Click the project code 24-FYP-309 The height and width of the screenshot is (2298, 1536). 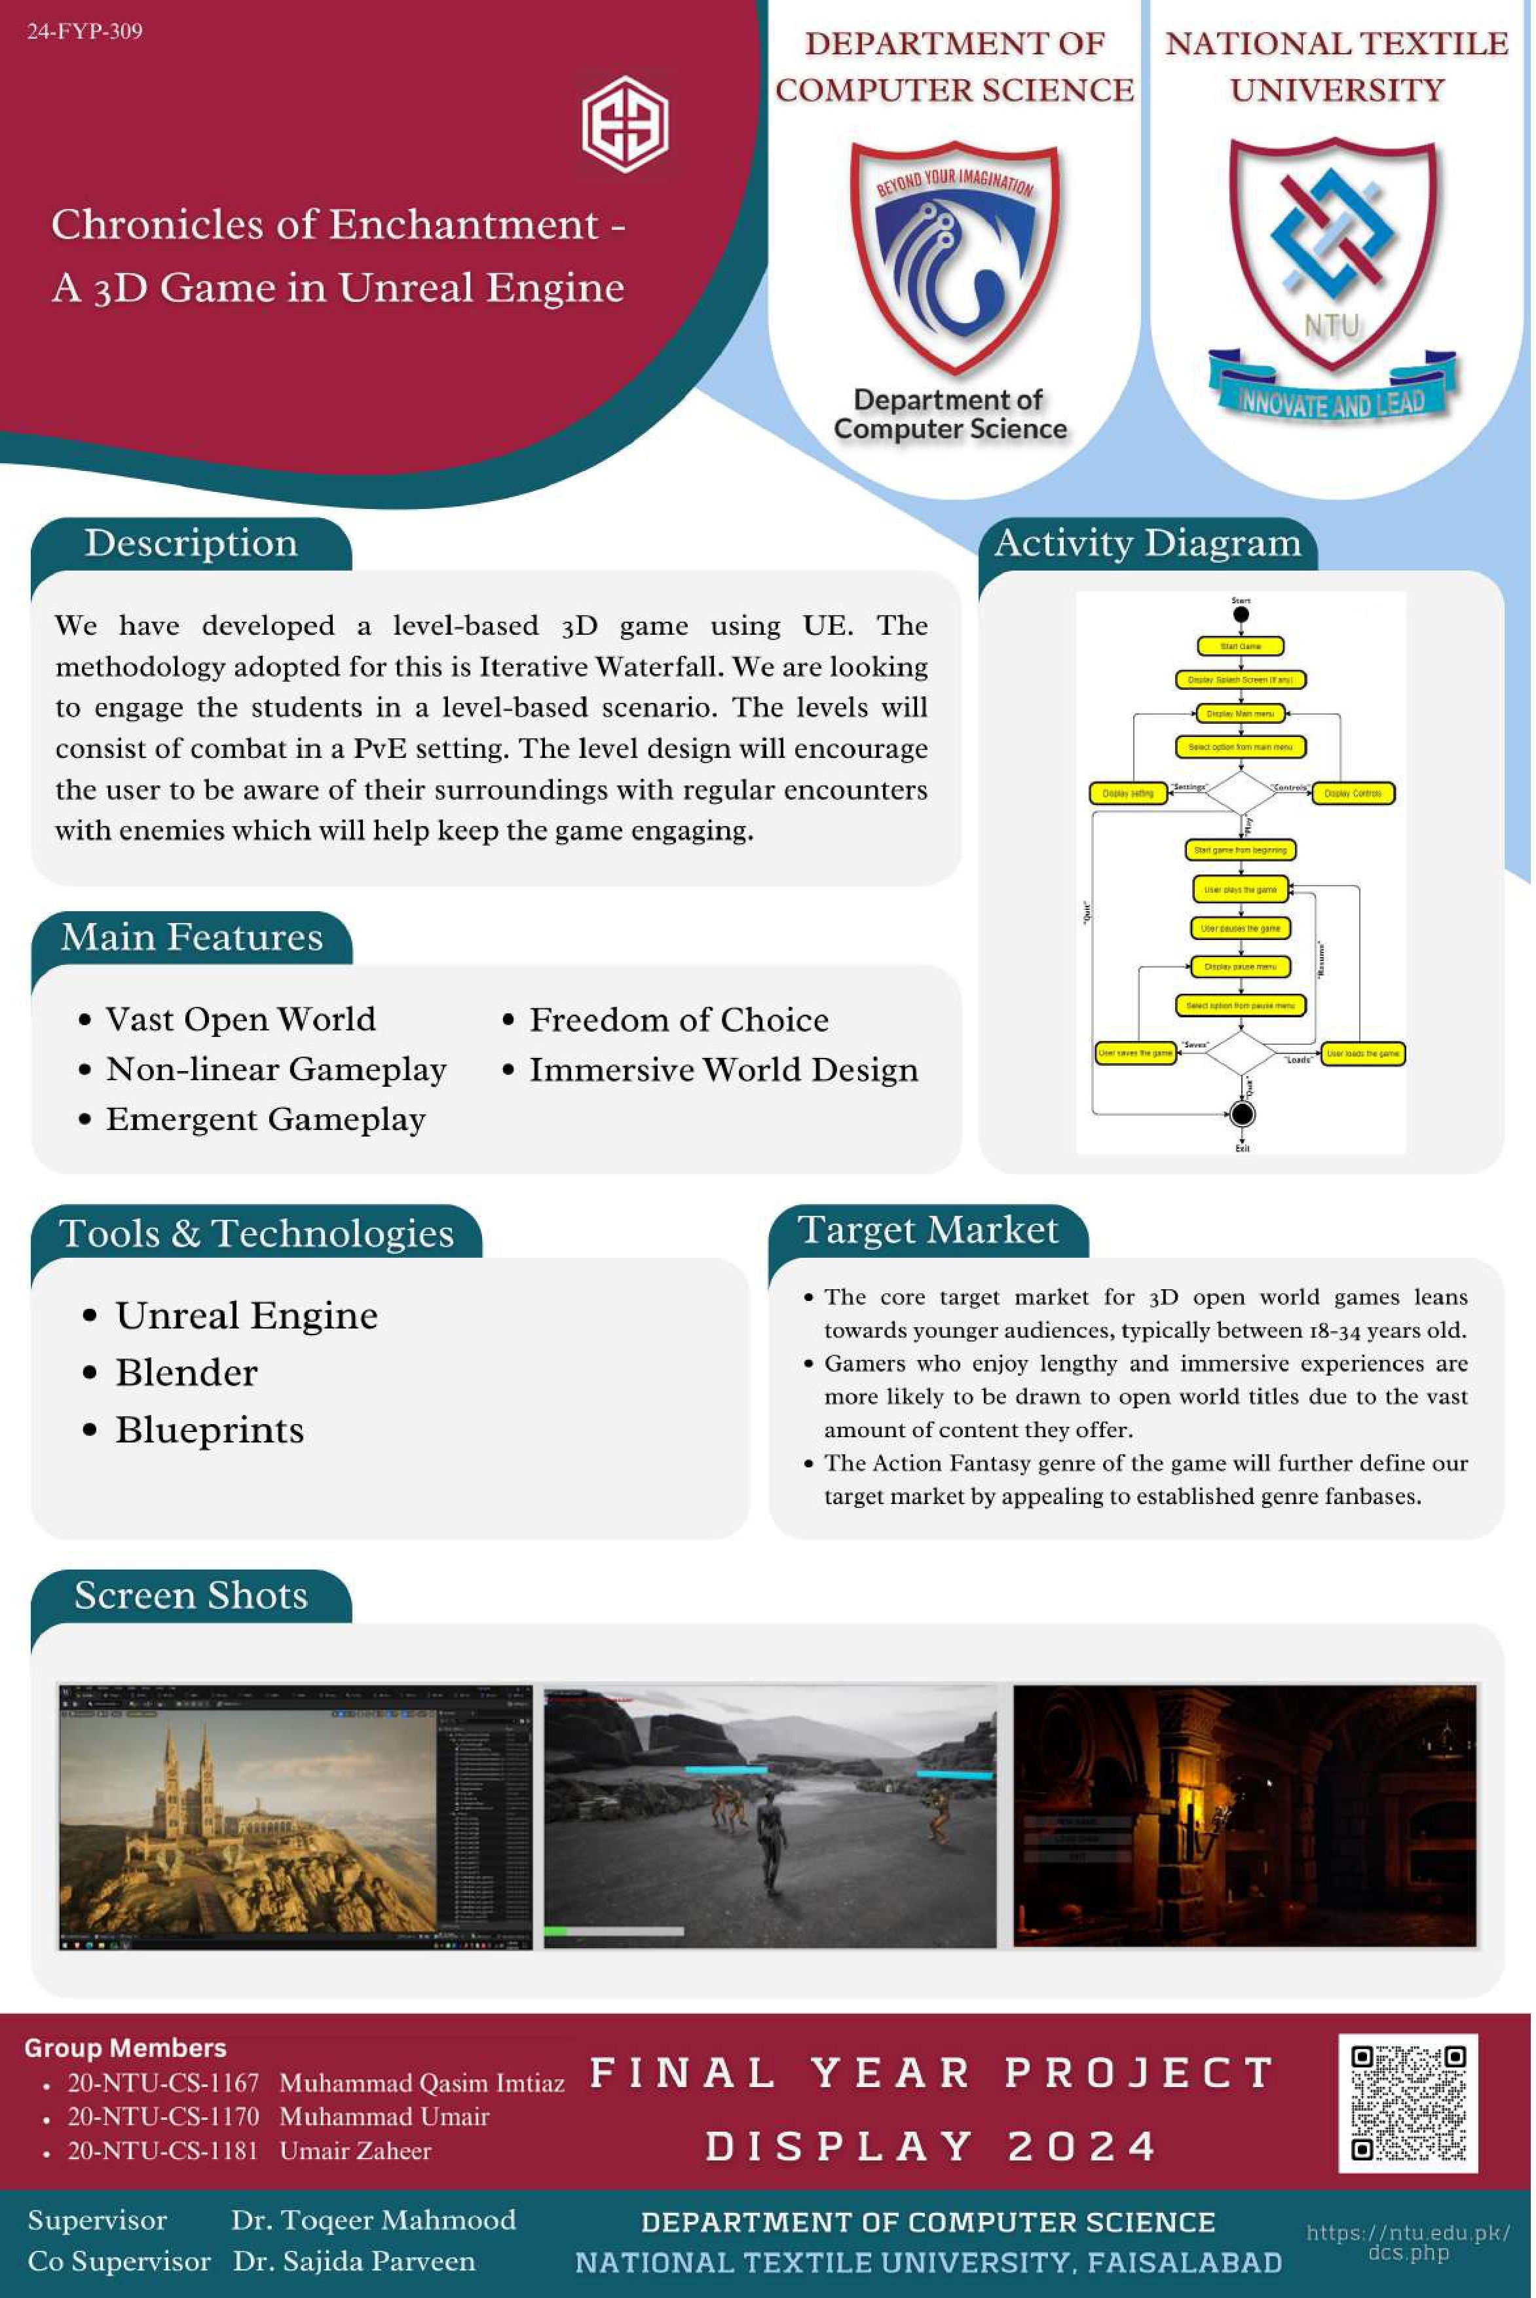(84, 31)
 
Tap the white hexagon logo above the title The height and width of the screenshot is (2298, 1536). (625, 123)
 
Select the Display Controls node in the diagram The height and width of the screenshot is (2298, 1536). (1353, 793)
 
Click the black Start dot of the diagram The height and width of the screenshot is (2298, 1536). (1240, 615)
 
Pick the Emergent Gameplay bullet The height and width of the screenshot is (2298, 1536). (265, 1119)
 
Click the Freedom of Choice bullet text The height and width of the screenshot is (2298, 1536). (679, 1020)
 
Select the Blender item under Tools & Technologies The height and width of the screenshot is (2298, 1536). (186, 1372)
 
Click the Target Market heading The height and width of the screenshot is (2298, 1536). (927, 1230)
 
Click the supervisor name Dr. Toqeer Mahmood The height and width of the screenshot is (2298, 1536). (373, 2219)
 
